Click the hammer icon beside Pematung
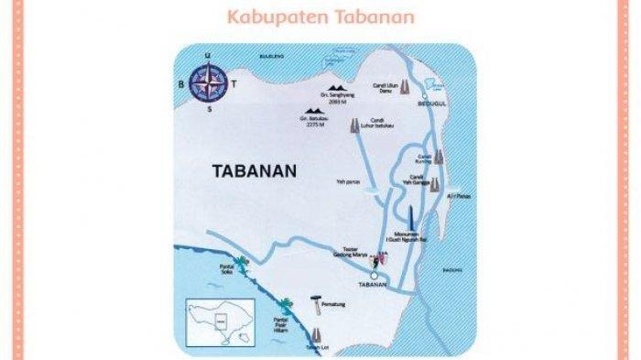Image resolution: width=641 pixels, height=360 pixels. click(x=315, y=300)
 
